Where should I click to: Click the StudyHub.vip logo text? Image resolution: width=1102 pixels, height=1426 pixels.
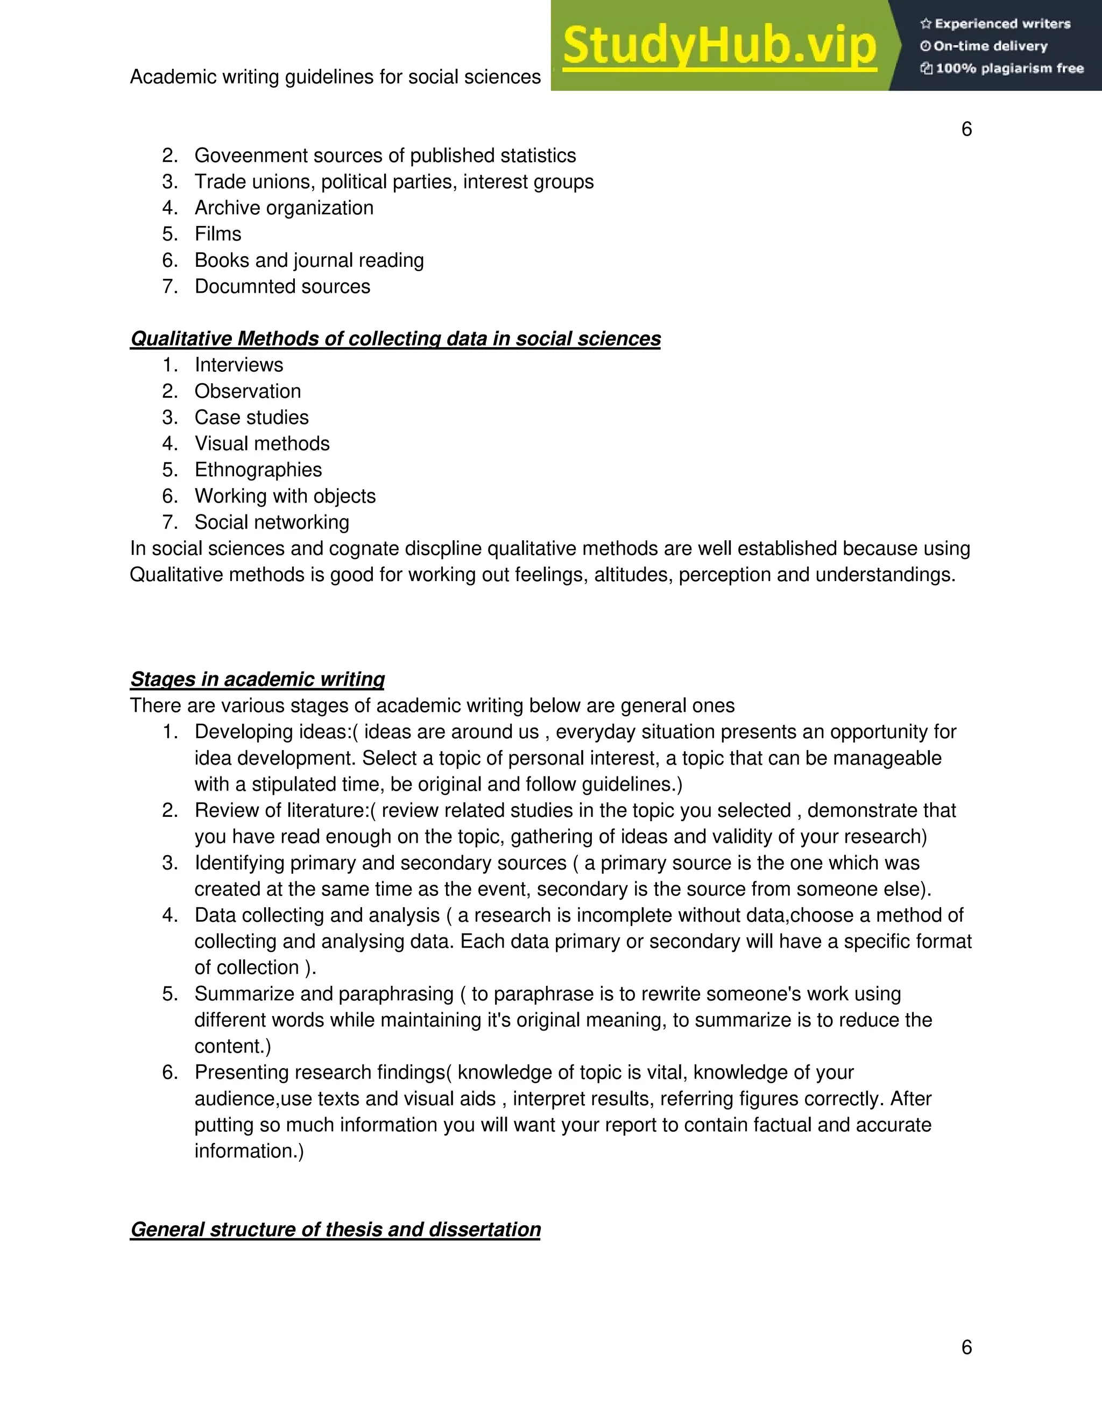coord(719,46)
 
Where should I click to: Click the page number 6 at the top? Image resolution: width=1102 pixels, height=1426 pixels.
coord(966,129)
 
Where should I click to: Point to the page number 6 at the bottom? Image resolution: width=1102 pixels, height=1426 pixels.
coord(966,1346)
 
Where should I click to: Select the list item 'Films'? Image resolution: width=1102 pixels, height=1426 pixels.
coord(217,234)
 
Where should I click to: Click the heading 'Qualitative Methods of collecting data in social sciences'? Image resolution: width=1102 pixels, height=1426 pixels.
coord(395,339)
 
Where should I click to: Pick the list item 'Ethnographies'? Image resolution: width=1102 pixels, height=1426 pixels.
coord(258,469)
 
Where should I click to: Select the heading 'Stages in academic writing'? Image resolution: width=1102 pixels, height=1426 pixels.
coord(257,679)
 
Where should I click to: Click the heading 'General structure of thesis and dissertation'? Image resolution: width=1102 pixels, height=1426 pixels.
coord(335,1230)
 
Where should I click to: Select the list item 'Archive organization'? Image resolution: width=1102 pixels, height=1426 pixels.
coord(284,208)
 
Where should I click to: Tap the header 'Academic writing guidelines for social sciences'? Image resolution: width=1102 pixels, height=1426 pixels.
coord(335,77)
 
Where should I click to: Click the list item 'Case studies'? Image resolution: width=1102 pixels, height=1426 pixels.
coord(251,417)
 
